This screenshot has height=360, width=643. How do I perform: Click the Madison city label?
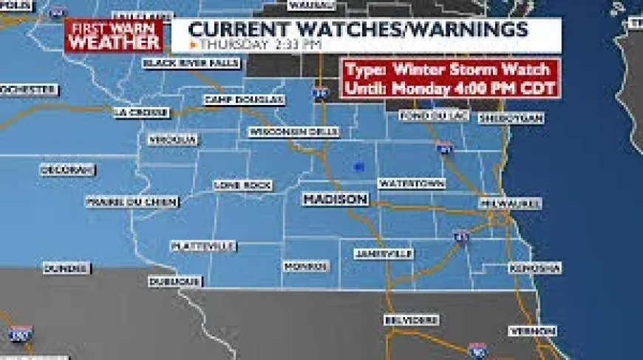point(335,200)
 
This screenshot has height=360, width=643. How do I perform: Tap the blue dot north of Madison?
point(358,168)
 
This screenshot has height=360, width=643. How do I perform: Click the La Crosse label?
point(141,112)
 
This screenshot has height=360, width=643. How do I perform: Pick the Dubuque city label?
point(175,282)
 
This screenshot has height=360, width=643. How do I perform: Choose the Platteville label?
point(203,246)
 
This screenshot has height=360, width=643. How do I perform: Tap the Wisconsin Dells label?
point(293,132)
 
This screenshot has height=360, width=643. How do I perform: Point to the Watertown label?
point(412,183)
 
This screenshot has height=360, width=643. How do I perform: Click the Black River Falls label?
point(191,63)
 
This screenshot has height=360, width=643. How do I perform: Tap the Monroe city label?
point(306,265)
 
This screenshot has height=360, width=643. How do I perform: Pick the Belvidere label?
point(411,320)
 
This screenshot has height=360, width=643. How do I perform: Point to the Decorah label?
point(67,170)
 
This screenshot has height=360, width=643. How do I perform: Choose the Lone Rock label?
point(242,185)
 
